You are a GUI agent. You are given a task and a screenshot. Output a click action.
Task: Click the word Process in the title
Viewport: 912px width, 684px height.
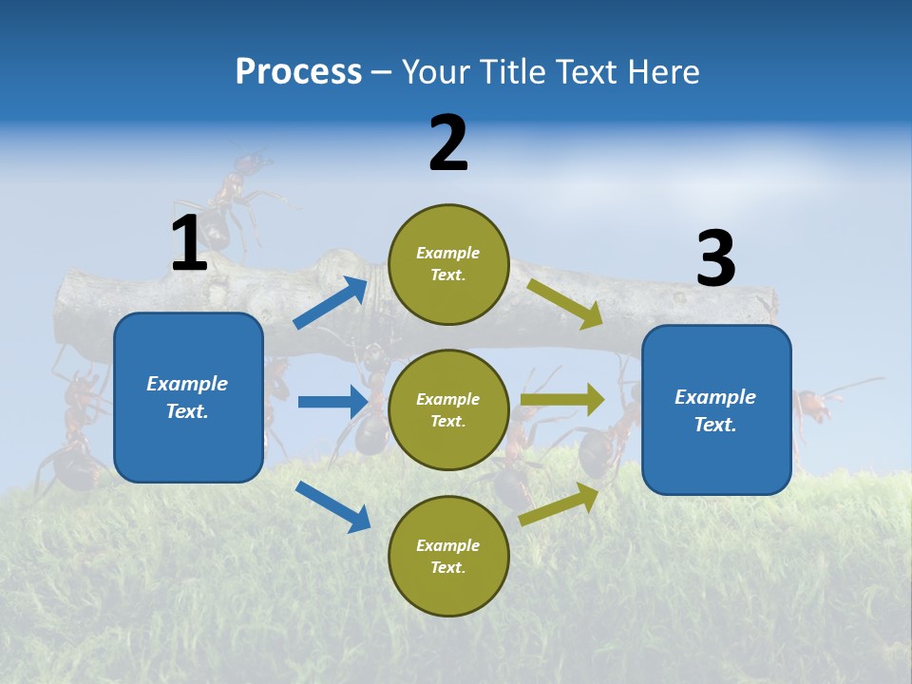pos(298,72)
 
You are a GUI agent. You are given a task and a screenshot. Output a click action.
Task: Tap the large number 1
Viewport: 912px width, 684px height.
pos(189,244)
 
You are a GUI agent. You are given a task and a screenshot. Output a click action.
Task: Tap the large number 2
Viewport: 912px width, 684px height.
pos(448,143)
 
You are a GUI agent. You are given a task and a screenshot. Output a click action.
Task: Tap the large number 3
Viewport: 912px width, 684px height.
pos(715,259)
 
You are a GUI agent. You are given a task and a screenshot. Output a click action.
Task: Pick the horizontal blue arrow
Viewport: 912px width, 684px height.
pos(332,402)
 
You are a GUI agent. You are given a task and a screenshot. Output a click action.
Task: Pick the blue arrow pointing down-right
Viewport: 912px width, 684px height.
pos(332,505)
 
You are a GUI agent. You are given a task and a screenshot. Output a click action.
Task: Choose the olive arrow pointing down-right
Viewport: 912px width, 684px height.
pos(565,303)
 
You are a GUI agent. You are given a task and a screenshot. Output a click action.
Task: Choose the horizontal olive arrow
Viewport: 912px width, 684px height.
pos(562,400)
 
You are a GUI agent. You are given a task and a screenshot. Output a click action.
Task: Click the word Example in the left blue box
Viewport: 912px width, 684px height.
pos(187,384)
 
